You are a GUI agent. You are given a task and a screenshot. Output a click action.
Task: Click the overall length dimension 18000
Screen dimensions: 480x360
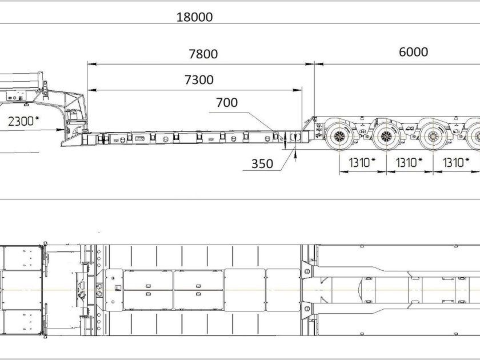tap(194, 17)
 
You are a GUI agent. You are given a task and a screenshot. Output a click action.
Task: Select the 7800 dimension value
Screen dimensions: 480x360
tap(203, 54)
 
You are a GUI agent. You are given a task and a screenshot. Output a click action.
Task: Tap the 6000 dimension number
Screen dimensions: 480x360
tap(413, 52)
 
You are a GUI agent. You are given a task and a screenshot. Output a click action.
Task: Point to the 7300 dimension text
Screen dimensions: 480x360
tap(199, 79)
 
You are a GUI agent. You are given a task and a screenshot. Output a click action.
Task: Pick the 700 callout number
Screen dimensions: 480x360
tap(227, 102)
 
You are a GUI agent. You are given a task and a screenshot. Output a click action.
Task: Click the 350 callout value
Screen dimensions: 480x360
tap(262, 164)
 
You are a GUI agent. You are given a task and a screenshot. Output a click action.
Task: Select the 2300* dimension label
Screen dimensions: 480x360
tap(23, 121)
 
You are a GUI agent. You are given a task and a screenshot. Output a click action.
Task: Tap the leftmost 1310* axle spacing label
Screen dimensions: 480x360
tap(362, 162)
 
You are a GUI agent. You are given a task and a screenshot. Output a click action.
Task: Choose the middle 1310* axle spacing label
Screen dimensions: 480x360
tap(409, 162)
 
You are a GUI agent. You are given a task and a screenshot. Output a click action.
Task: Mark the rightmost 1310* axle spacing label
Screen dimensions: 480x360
tap(456, 162)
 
